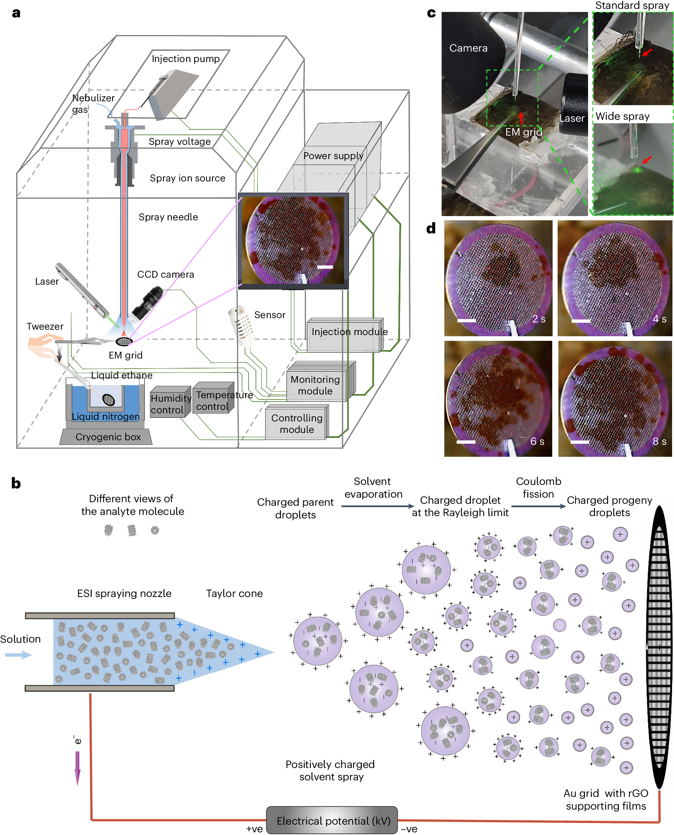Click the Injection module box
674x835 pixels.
coord(345,335)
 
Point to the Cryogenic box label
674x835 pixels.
coord(108,437)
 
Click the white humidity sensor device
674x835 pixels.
coord(241,325)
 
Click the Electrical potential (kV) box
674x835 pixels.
coord(332,821)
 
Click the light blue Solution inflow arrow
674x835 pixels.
coord(18,656)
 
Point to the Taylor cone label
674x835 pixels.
coord(234,594)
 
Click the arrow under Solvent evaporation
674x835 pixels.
coord(378,506)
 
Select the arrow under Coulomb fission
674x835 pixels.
coord(538,506)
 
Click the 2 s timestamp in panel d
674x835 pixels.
coord(538,319)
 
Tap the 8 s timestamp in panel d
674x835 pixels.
coord(659,441)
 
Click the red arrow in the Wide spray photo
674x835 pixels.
coord(647,160)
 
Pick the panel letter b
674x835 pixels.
coord(16,484)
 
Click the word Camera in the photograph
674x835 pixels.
coord(468,48)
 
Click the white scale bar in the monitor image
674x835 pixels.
coord(325,267)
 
